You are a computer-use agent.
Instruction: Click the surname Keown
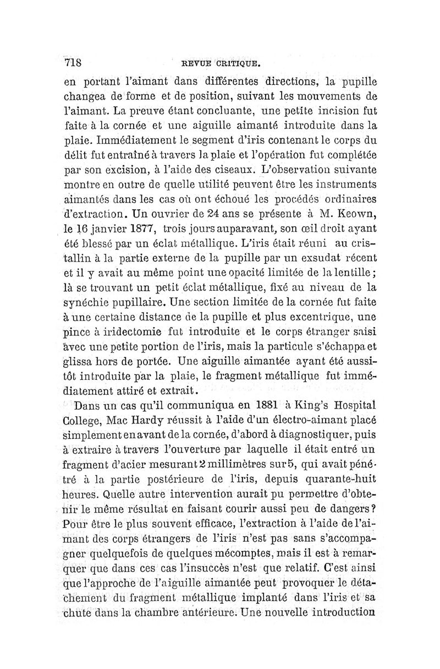coord(357,213)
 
